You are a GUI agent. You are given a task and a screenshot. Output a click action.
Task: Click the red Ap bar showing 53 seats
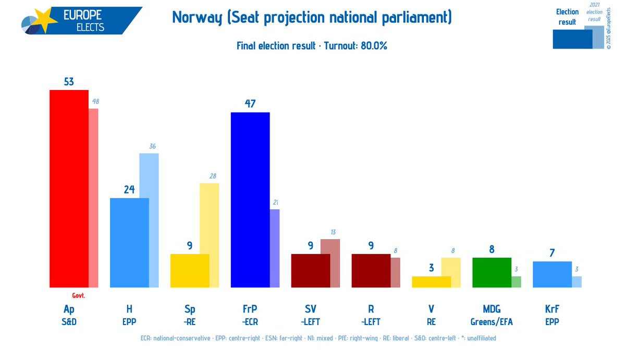coord(69,188)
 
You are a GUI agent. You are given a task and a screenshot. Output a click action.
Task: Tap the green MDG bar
coord(492,272)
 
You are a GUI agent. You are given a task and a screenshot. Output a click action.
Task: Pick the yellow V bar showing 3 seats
coord(431,281)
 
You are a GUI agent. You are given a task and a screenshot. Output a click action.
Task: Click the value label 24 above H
coord(129,190)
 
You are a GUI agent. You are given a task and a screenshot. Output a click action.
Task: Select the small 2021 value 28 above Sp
coord(213,176)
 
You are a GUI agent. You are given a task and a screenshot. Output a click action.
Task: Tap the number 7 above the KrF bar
coord(552,253)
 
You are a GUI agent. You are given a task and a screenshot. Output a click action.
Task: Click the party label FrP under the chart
coord(250,309)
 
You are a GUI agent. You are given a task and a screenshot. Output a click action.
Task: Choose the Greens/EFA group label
coord(492,322)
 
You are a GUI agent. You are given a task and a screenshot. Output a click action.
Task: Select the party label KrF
coord(552,309)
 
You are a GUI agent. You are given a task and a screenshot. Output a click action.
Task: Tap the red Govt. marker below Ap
coord(78,295)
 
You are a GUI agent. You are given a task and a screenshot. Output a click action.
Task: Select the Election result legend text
coord(567,17)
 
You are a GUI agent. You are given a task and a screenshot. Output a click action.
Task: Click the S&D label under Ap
coord(69,322)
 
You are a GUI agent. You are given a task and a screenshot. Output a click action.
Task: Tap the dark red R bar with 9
coord(371,270)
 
